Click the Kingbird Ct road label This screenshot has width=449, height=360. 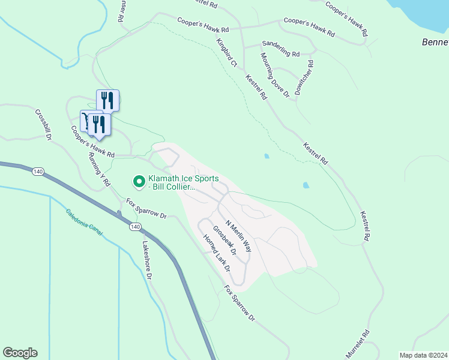[228, 53]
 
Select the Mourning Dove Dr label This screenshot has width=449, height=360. [274, 75]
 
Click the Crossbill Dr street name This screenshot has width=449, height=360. [44, 124]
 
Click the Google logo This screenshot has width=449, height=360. [20, 353]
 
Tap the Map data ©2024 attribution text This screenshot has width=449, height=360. [423, 355]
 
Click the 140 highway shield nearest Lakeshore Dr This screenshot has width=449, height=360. [135, 227]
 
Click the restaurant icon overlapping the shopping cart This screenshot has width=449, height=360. [99, 124]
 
